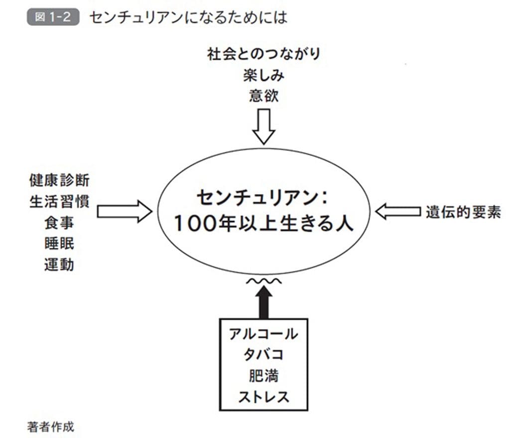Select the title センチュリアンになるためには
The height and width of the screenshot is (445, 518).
tap(188, 17)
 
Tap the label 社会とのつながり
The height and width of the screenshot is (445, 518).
tap(263, 55)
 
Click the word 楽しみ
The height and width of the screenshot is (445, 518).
tap(263, 76)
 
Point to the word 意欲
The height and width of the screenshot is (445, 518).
tap(263, 96)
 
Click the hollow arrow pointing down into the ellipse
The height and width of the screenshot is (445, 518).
tap(263, 126)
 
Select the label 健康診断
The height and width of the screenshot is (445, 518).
tap(59, 180)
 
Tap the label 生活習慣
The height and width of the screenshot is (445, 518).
tap(59, 202)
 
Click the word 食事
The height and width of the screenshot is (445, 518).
tap(59, 222)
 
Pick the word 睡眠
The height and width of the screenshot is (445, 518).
tap(59, 243)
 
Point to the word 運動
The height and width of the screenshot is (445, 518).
tap(59, 264)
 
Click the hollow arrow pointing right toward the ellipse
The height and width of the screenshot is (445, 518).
tap(124, 212)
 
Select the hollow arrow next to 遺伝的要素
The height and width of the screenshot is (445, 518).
tap(397, 212)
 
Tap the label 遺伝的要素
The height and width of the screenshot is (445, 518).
tap(463, 213)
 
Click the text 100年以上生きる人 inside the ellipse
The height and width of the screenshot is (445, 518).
tap(263, 224)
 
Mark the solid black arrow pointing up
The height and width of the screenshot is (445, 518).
tap(263, 303)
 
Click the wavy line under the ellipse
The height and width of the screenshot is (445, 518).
tap(263, 281)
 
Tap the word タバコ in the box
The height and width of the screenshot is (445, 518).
tap(263, 355)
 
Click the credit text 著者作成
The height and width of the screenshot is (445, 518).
tap(51, 427)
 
